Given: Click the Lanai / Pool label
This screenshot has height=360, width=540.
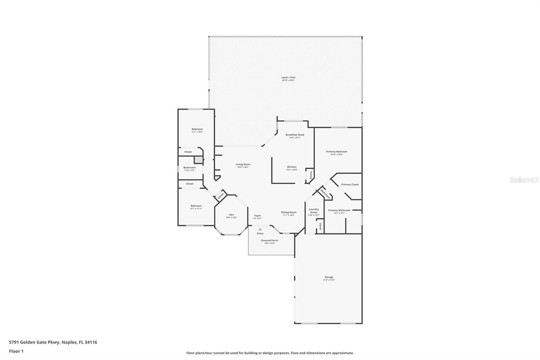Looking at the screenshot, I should coord(288,78).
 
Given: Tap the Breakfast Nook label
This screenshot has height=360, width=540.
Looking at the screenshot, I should coord(295,135).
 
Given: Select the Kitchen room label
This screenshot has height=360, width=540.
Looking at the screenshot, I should coord(292,167).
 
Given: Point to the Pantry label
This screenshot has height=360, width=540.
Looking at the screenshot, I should coord(311,175).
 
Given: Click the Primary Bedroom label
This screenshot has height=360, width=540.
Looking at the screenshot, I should coord(336,152).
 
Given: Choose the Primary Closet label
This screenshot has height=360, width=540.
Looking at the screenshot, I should coord(350,184).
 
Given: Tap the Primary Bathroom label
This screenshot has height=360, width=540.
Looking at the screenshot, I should coord(339,210).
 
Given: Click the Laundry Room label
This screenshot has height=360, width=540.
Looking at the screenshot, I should coord(314,211).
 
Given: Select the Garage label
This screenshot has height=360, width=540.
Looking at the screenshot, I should coord(329,277).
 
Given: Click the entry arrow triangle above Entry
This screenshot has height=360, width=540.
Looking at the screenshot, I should coord(260,229).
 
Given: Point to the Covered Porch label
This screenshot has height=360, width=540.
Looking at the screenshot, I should coord(269,240).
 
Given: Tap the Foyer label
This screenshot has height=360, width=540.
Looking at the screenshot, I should coord(258,215).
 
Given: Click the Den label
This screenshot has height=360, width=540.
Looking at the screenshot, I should coord(231,215).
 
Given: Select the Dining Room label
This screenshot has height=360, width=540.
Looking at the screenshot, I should coord(289,212).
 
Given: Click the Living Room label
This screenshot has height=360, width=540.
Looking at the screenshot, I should coord(243,164).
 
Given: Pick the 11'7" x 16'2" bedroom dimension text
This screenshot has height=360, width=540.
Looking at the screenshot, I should coord(197,132).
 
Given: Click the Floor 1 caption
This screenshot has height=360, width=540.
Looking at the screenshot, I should coord(16,351).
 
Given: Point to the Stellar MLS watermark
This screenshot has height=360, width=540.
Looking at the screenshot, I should coord(524,180).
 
